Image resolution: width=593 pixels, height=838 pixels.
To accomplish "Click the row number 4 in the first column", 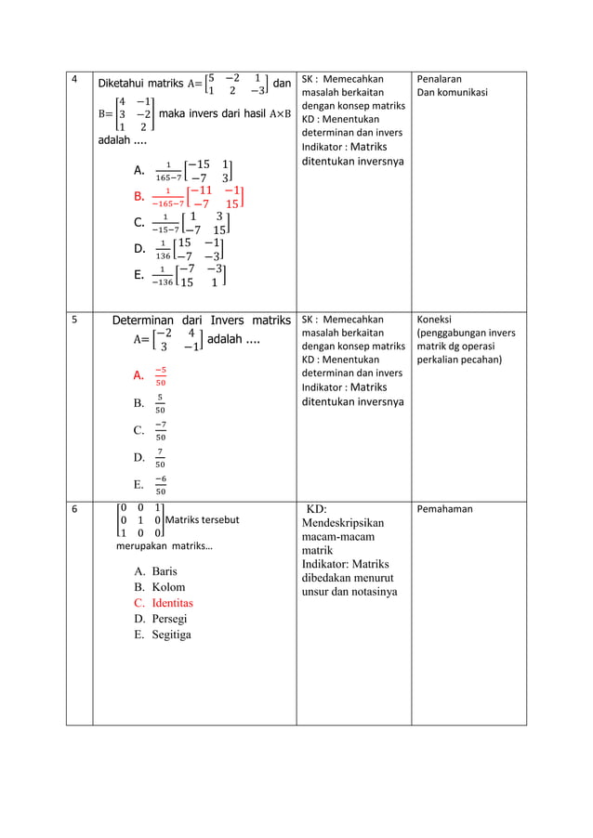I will point(75,81).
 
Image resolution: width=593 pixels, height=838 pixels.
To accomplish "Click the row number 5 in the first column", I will point(75,321).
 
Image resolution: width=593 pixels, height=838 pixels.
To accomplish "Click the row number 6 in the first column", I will point(75,508).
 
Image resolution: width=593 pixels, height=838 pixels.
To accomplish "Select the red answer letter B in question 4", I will point(138,196).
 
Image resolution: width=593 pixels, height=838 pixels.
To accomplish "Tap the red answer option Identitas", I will point(172,603).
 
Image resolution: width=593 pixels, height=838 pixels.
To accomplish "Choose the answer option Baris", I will point(164,571).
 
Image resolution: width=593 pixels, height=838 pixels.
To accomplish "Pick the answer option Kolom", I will point(168,587).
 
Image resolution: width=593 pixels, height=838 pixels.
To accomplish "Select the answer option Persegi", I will point(171,619).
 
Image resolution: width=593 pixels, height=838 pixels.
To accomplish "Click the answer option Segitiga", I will point(172,635).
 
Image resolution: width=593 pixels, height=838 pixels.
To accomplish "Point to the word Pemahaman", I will point(445,509).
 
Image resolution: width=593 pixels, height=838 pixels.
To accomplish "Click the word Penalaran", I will point(440,80).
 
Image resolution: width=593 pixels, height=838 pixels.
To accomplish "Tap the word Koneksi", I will point(437,321).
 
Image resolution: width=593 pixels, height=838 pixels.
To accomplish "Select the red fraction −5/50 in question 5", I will point(161,376).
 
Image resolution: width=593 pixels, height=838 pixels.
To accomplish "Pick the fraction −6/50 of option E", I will point(161,485).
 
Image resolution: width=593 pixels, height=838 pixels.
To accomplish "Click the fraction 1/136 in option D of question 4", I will point(163,249).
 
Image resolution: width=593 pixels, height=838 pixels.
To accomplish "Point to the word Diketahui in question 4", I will point(128,83).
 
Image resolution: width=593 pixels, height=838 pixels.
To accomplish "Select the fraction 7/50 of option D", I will point(161,458).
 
